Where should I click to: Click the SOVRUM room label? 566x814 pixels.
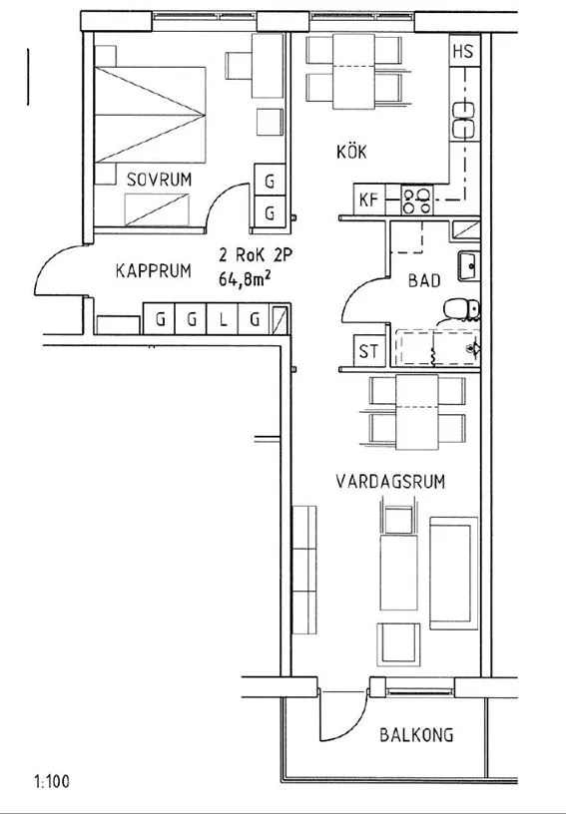pos(159,180)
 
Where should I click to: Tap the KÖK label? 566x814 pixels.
pos(351,152)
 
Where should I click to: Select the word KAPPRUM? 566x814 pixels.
pos(153,271)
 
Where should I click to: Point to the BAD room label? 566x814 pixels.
pos(424,281)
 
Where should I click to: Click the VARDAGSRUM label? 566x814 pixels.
pos(390,482)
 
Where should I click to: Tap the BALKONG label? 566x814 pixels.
pos(416,735)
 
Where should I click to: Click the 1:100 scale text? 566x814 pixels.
pos(52,781)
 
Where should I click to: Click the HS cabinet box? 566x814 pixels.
pos(464,50)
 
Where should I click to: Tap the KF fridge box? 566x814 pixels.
pos(369,200)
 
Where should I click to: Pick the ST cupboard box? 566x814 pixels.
pos(369,351)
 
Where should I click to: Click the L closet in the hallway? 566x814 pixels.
pos(223,319)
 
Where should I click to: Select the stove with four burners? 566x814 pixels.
pos(417,201)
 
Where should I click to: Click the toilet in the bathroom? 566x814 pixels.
pos(461,310)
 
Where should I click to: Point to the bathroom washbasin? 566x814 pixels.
pos(469,266)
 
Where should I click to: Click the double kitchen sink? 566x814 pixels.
pos(464,121)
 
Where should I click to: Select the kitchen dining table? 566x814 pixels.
pos(353,71)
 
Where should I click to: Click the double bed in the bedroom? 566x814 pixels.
pos(150,115)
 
